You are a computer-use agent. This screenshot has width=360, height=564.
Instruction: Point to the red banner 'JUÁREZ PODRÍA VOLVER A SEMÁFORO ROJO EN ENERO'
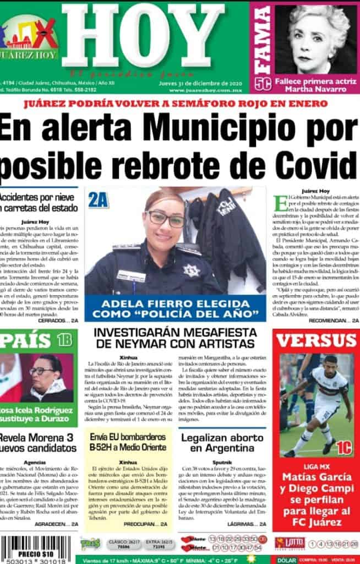[x=180, y=103]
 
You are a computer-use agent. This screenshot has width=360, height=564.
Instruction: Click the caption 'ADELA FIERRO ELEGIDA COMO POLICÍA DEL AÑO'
[x=175, y=308]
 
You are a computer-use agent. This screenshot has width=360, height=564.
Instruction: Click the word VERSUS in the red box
[x=316, y=340]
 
